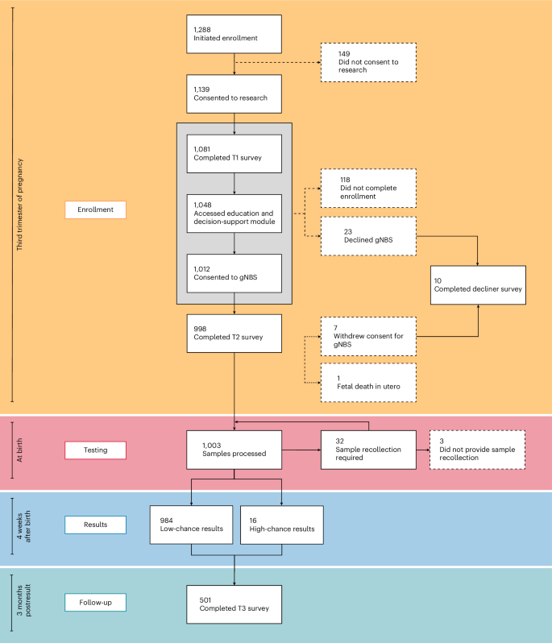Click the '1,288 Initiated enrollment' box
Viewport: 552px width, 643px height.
pyautogui.click(x=234, y=34)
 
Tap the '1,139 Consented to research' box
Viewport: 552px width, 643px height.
pyautogui.click(x=234, y=93)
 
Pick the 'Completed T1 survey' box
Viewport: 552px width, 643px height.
pyautogui.click(x=234, y=153)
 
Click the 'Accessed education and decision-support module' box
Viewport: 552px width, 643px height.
pyautogui.click(x=234, y=213)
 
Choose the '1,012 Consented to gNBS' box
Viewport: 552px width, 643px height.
pyautogui.click(x=234, y=273)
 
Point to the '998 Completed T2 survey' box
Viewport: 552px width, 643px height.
pyautogui.click(x=234, y=333)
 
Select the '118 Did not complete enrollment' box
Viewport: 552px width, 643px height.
pyautogui.click(x=368, y=189)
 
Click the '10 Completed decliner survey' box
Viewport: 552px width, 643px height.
pyautogui.click(x=478, y=284)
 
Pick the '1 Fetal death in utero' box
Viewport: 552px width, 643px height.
pyautogui.click(x=368, y=383)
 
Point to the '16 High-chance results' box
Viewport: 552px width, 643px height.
pyautogui.click(x=281, y=525)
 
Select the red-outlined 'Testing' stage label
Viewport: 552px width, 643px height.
pyautogui.click(x=95, y=450)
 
